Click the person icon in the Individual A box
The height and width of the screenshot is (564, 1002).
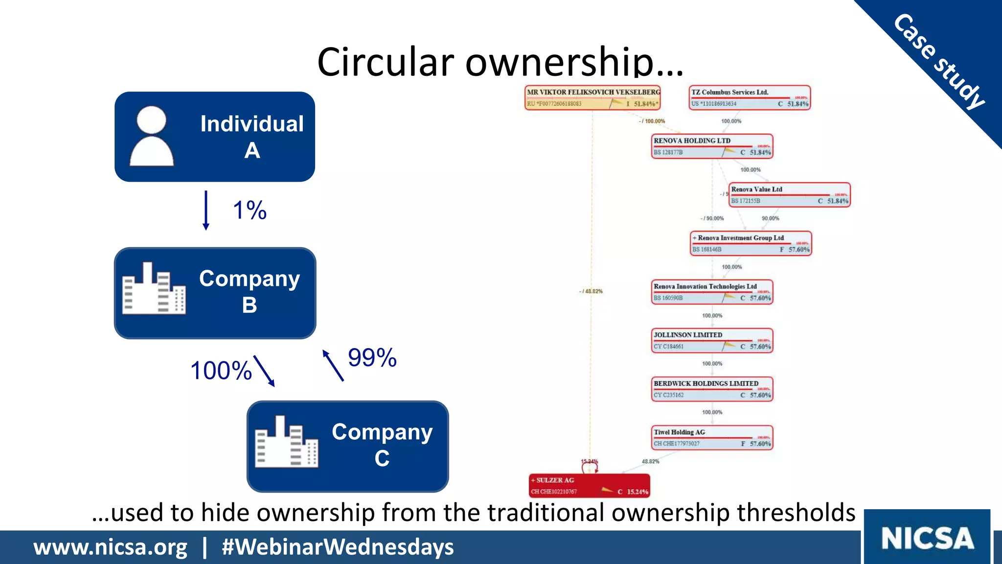(x=152, y=137)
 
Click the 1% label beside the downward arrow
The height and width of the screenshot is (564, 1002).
(x=250, y=211)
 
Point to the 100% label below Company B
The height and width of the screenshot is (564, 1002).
(x=221, y=371)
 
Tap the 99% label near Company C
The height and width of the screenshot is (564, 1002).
(x=372, y=357)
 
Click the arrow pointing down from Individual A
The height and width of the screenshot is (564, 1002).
(x=206, y=210)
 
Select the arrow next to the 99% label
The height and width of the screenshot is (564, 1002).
(x=333, y=365)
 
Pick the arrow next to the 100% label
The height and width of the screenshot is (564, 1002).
(x=264, y=371)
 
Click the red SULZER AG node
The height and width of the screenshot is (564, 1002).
(x=590, y=486)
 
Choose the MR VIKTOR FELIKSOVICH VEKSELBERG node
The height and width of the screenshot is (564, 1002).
(x=593, y=97)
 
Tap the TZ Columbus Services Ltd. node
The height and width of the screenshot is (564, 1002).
(x=750, y=97)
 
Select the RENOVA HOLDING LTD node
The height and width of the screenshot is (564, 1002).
(x=712, y=146)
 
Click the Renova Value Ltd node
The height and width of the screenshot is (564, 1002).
(x=790, y=195)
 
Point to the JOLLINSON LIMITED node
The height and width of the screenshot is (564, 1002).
(x=712, y=341)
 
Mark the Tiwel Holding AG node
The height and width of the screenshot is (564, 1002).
(x=712, y=438)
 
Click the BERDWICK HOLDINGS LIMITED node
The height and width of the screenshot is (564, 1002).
(x=712, y=389)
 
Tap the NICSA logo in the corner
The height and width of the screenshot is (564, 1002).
(x=927, y=538)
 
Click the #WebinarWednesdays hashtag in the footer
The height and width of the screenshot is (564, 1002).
(x=338, y=547)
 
